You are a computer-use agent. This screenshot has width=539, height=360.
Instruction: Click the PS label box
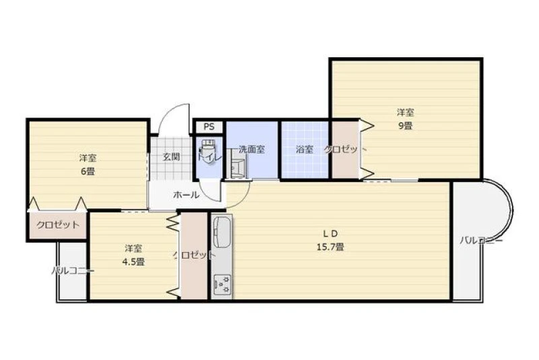(x=209, y=127)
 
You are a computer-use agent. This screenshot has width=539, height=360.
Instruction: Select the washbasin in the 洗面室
(x=239, y=168)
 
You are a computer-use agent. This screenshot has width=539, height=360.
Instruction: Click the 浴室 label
(x=305, y=150)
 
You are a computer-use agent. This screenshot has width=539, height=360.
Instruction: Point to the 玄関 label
(x=171, y=157)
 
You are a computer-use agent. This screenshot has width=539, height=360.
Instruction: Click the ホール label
(x=186, y=195)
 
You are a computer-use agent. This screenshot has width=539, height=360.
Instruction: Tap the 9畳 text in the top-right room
(x=406, y=125)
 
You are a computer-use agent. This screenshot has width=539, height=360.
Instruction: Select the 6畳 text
(x=88, y=171)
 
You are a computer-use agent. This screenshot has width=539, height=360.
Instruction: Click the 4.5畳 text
(x=133, y=262)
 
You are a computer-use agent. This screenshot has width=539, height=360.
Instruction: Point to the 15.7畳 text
(x=330, y=247)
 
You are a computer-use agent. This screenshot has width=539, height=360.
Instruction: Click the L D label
(x=330, y=233)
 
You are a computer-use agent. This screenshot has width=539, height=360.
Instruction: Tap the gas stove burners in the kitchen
(x=222, y=284)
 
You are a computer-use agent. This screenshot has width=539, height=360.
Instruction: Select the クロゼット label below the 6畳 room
(x=58, y=225)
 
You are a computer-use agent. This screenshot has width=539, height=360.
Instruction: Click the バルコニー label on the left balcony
(x=73, y=271)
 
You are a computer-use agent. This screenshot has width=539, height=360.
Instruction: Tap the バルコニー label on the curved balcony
(x=481, y=241)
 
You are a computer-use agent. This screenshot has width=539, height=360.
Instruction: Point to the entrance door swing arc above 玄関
(x=169, y=111)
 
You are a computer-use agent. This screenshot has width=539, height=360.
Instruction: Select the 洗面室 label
(x=251, y=150)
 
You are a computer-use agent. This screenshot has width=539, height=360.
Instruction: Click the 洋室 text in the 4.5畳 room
(x=133, y=248)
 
